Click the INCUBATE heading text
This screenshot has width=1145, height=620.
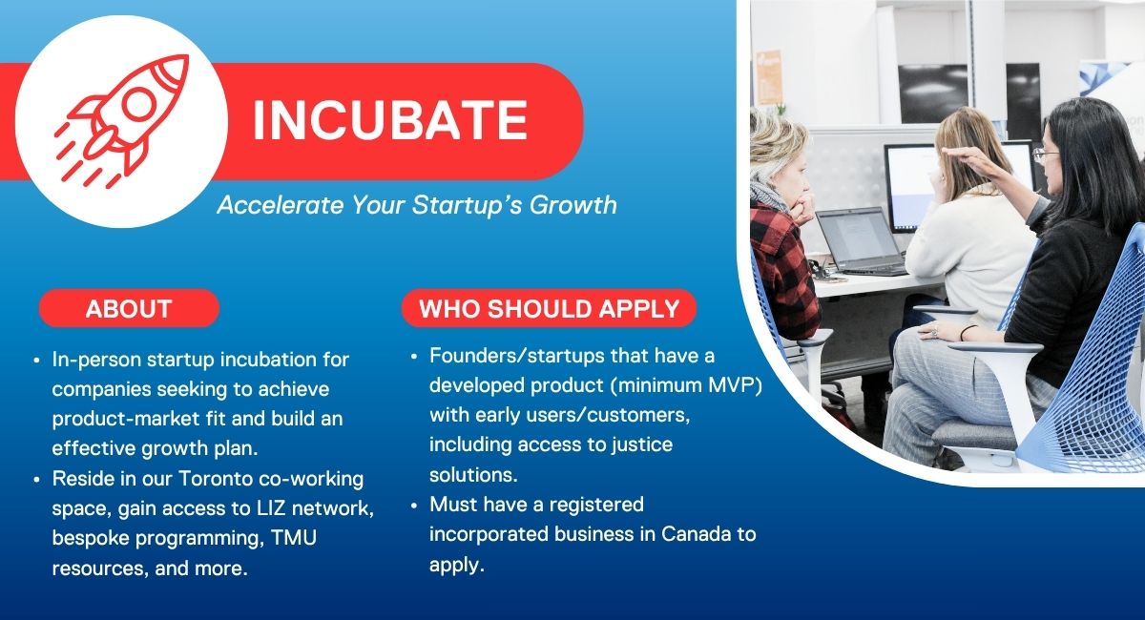pyautogui.click(x=389, y=120)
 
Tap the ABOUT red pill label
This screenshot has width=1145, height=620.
pyautogui.click(x=129, y=309)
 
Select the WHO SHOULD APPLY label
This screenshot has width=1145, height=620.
pyautogui.click(x=549, y=309)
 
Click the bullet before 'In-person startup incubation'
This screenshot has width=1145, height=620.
pyautogui.click(x=36, y=361)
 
